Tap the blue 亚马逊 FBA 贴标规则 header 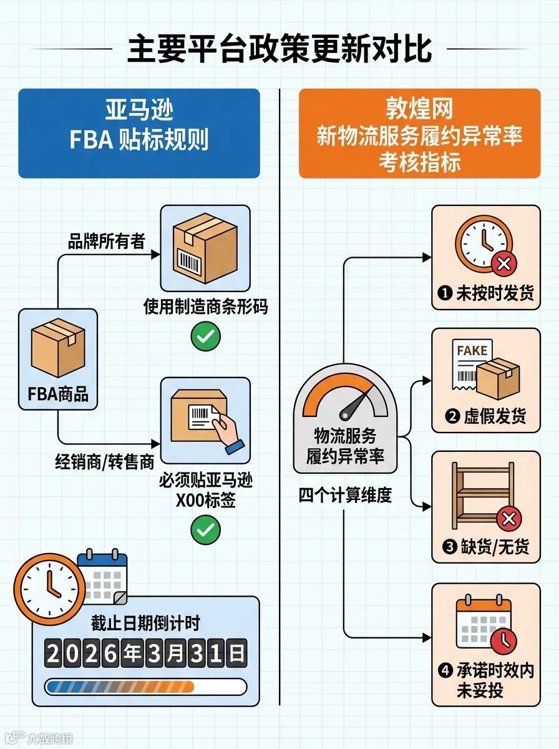click(139, 133)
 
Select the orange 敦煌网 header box click(419, 133)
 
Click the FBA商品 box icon click(57, 348)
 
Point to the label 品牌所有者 click(106, 242)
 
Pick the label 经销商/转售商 click(104, 463)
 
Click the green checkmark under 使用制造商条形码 click(205, 337)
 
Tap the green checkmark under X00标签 click(205, 531)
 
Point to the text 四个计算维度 click(345, 496)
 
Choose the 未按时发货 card click(486, 257)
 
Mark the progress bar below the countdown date click(145, 687)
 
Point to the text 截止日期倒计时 click(145, 622)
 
